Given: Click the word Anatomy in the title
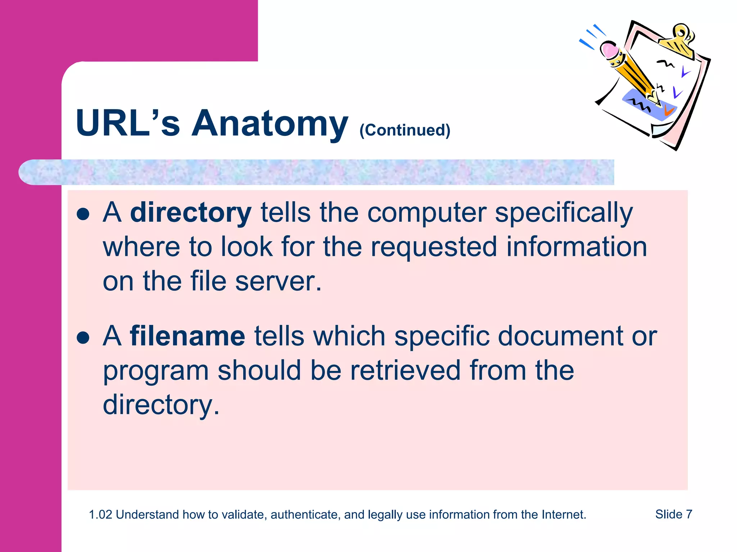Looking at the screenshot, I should [270, 124].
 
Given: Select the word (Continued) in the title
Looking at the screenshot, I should [405, 130].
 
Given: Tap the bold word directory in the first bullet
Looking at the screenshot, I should [190, 213].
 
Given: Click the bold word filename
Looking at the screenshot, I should [187, 336].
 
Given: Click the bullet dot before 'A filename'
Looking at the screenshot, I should [83, 337].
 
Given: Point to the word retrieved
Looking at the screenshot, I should [405, 371].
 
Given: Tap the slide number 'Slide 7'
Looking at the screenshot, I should [674, 514].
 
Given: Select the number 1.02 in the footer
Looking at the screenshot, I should [100, 515].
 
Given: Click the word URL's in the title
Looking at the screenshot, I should [128, 124].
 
